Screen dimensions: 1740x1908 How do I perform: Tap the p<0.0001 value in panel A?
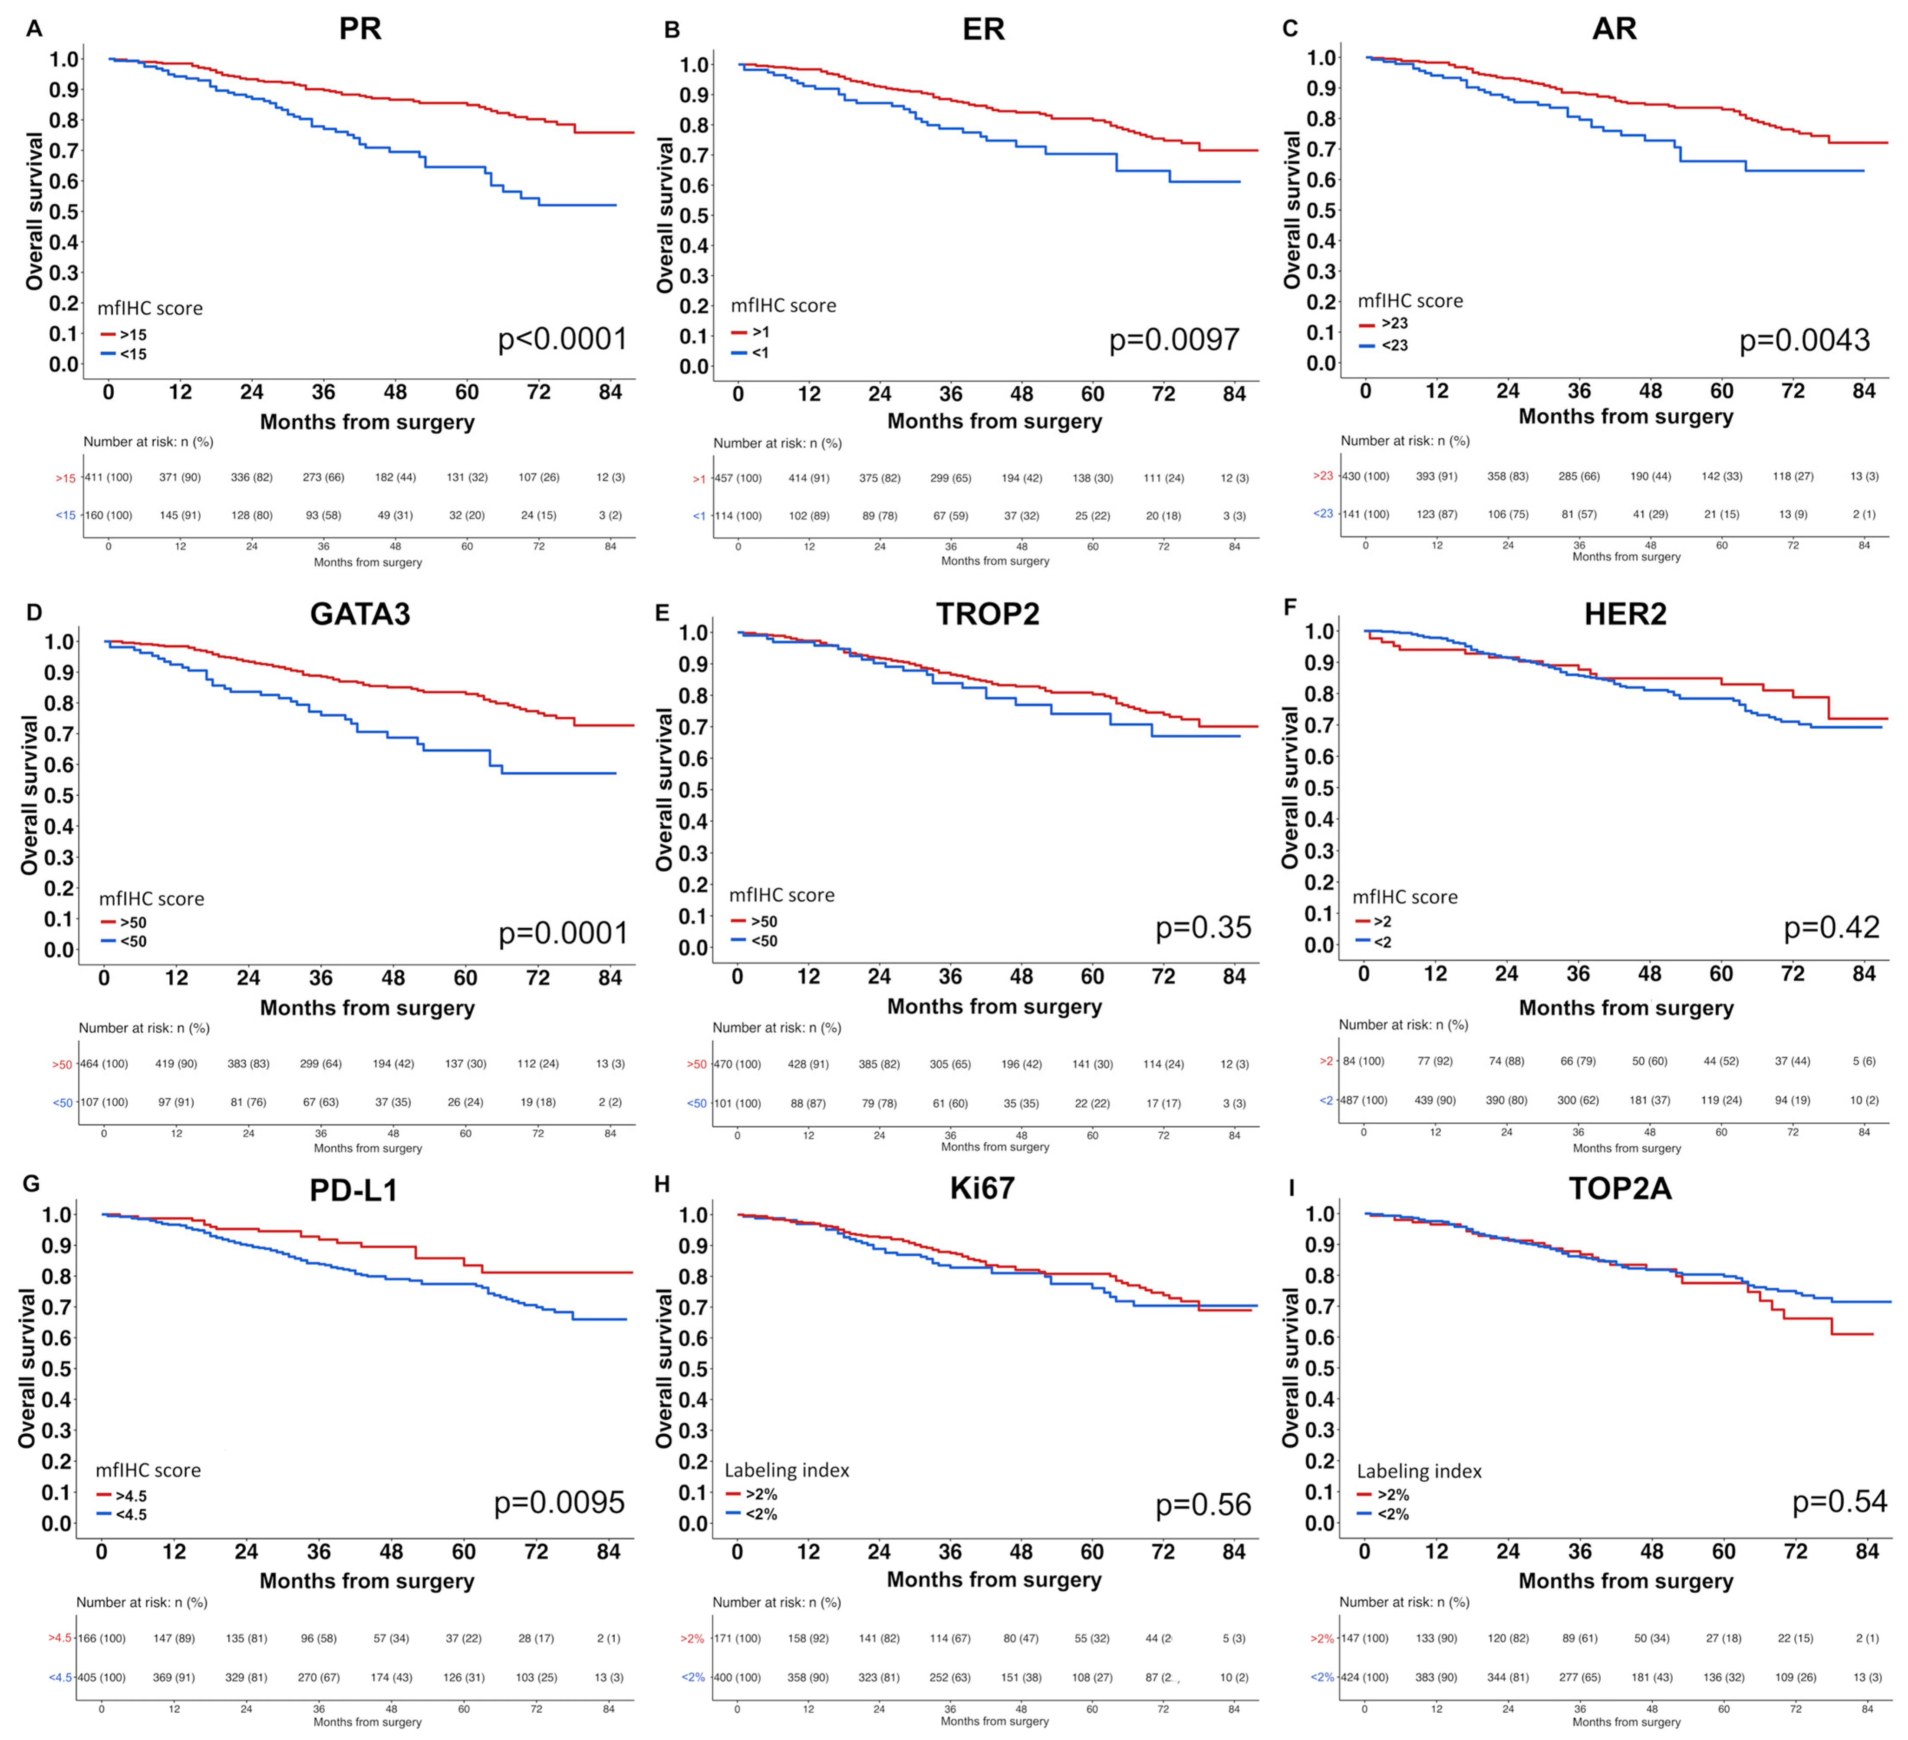click(562, 339)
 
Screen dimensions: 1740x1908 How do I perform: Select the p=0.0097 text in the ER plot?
click(1173, 340)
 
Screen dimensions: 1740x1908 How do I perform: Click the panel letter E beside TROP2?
click(662, 613)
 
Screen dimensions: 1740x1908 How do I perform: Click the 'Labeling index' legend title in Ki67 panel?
click(787, 1470)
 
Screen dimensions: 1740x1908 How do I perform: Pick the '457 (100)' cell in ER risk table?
click(738, 478)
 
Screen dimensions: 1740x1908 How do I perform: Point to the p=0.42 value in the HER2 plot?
click(1831, 928)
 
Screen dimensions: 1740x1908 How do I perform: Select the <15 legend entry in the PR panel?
click(132, 354)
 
